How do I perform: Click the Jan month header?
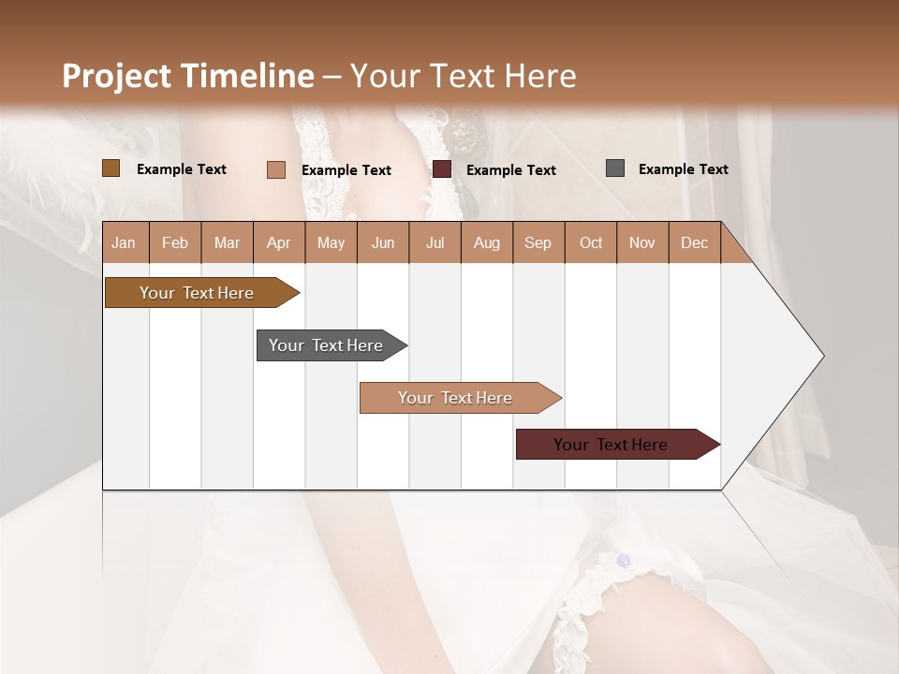point(124,242)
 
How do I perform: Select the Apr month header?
point(278,242)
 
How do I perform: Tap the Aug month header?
point(486,242)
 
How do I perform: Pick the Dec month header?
point(694,242)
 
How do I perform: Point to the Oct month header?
point(590,242)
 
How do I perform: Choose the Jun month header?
point(382,242)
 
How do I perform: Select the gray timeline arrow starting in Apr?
point(328,345)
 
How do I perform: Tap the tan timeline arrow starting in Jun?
point(457,398)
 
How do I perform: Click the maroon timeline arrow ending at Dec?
point(613,445)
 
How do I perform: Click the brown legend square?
point(111,168)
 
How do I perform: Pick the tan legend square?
point(276,169)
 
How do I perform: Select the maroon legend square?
point(442,169)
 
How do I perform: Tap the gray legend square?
point(615,168)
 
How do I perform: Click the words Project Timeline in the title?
point(187,76)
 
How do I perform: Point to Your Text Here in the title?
point(464,76)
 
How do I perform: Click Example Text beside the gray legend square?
point(683,169)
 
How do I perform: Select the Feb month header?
point(175,242)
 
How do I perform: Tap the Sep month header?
point(538,242)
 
